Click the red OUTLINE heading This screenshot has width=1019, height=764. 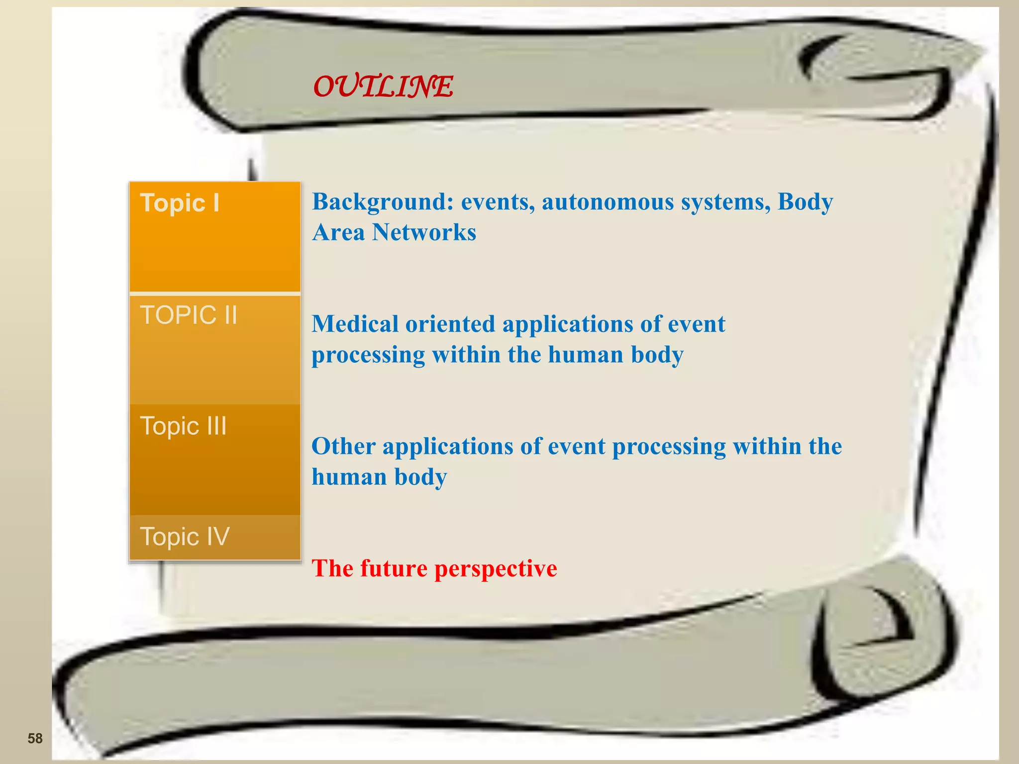pyautogui.click(x=383, y=87)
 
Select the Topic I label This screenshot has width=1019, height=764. pyautogui.click(x=180, y=203)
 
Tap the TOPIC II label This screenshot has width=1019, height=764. pyautogui.click(x=189, y=315)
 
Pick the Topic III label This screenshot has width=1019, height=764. pyautogui.click(x=183, y=426)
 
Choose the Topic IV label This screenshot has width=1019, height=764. pyautogui.click(x=185, y=537)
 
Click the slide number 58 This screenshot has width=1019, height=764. pyautogui.click(x=35, y=738)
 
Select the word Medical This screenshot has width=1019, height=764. pyautogui.click(x=355, y=324)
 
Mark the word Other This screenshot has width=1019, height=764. pyautogui.click(x=343, y=446)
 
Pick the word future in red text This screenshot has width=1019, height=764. pyautogui.click(x=394, y=569)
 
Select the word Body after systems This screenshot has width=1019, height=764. pyautogui.click(x=805, y=202)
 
